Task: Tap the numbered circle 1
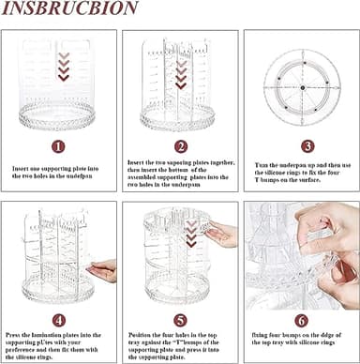(59, 146)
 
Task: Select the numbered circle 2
(179, 146)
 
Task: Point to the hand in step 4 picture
(102, 271)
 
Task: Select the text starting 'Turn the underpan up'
(301, 172)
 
